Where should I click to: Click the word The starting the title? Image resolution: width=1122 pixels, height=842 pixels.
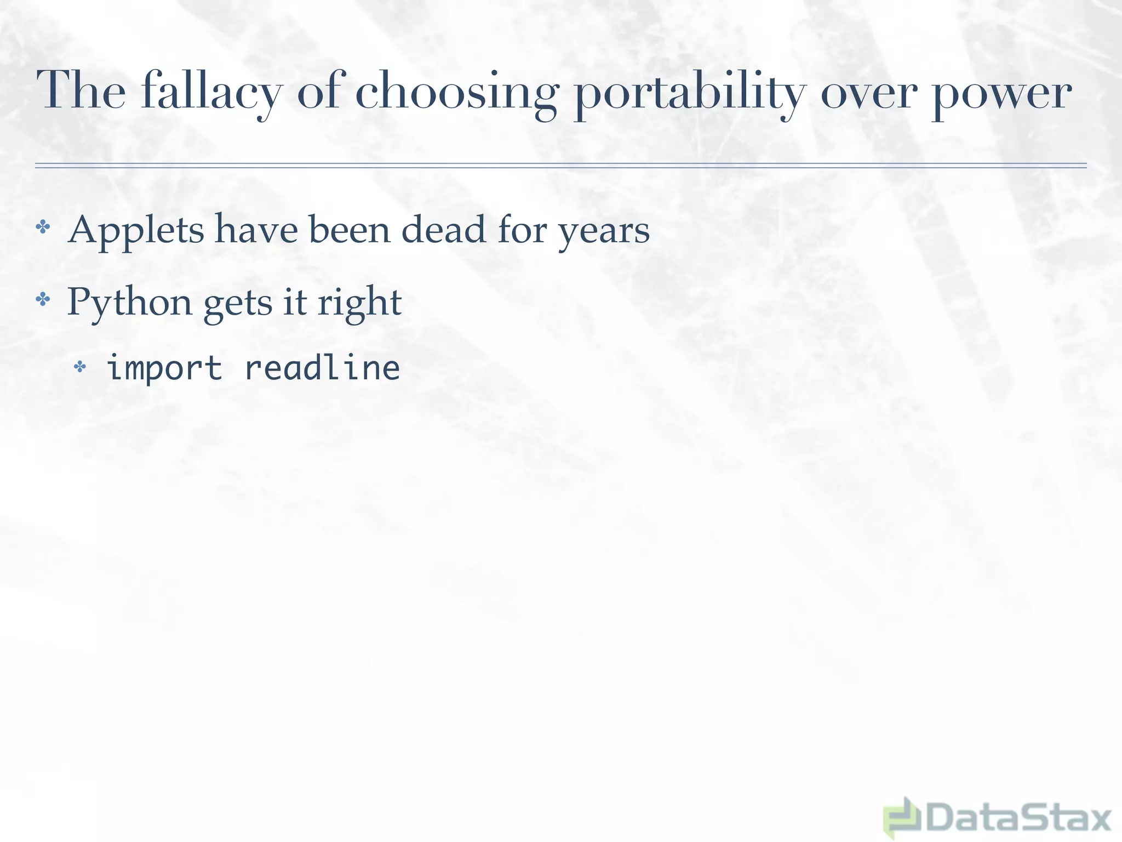pos(81,90)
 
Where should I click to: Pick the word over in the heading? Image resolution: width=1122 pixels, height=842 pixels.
pos(867,93)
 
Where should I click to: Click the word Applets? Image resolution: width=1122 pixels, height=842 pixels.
pos(136,230)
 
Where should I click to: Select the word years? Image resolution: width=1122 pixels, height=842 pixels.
pos(603,232)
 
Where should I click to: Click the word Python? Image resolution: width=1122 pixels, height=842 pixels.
pos(129,303)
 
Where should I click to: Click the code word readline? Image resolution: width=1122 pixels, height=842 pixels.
pos(322,367)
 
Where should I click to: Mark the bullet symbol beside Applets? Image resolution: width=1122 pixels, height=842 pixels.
pos(43,226)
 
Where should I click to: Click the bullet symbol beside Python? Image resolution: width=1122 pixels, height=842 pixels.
pos(43,299)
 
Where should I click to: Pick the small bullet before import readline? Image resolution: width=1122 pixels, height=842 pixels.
pos(80,366)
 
